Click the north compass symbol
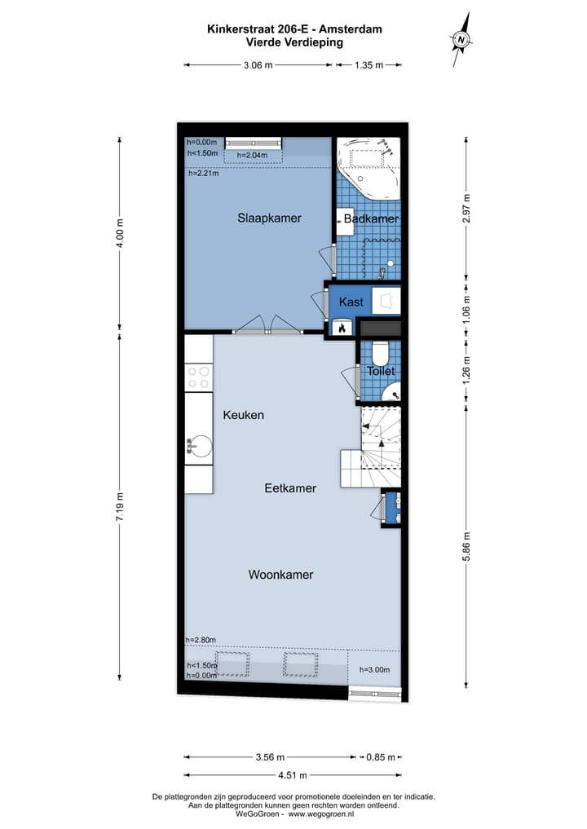pos(462,37)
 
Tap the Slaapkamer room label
pos(269,218)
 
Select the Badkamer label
pos(371,219)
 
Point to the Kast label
pos(351,302)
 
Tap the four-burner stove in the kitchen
pos(198,377)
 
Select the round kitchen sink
pos(199,446)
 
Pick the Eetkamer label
pos(290,488)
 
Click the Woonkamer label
pos(280,575)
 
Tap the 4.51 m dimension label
pos(293,775)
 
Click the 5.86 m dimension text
pos(466,547)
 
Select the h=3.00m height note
pos(375,669)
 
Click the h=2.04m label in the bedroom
pos(252,155)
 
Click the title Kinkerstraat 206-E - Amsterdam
pos(294,29)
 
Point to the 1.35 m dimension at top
pos(369,65)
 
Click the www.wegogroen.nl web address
pos(326,814)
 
